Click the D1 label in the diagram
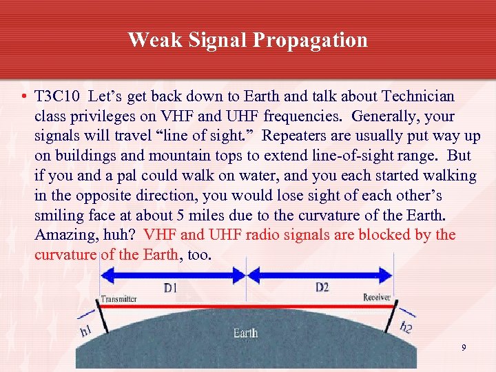point(169,288)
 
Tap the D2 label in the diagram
point(322,287)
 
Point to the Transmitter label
point(119,299)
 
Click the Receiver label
point(377,298)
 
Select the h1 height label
point(86,331)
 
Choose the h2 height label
point(406,327)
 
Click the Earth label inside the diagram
point(245,333)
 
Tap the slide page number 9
point(464,349)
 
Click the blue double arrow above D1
point(173,273)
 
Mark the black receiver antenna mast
point(393,318)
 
